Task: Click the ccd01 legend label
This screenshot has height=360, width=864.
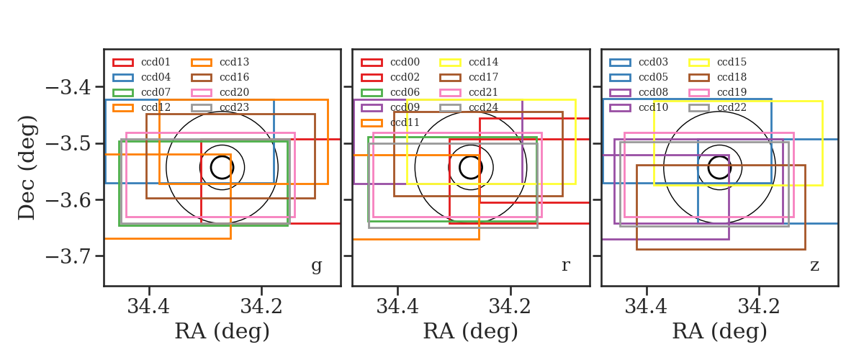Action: click(x=156, y=62)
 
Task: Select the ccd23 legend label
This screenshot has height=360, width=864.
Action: click(x=235, y=107)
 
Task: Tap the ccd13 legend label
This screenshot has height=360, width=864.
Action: click(x=235, y=62)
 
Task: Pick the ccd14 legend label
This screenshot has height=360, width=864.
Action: click(x=483, y=62)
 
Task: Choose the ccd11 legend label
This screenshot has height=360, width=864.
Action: click(x=405, y=122)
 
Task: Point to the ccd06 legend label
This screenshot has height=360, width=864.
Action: click(x=405, y=92)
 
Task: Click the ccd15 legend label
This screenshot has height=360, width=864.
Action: click(x=732, y=62)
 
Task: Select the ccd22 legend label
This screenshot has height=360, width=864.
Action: click(x=732, y=107)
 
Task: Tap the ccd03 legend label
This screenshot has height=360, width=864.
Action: click(x=654, y=62)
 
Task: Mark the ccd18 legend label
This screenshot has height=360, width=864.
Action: click(x=732, y=77)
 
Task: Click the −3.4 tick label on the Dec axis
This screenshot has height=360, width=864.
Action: click(x=68, y=87)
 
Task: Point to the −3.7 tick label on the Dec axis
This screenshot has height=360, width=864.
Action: click(x=68, y=256)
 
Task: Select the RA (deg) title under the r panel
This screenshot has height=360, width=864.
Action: click(x=471, y=331)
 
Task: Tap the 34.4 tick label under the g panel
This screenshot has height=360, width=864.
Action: click(x=148, y=307)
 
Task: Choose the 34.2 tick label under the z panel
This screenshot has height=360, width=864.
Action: click(x=759, y=307)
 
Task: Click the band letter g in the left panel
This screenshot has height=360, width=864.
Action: click(x=316, y=266)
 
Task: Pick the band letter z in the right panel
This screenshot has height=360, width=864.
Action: click(x=814, y=266)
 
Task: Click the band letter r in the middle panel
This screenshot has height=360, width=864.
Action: click(x=565, y=266)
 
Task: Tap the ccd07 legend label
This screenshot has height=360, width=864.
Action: click(x=156, y=92)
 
